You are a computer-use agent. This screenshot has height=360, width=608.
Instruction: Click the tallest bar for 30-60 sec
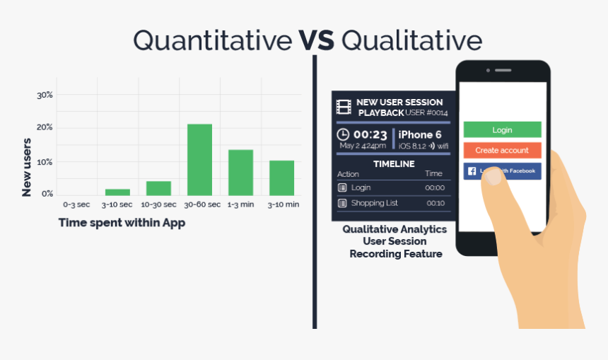pyautogui.click(x=199, y=159)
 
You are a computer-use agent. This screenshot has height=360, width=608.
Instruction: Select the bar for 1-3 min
pyautogui.click(x=240, y=172)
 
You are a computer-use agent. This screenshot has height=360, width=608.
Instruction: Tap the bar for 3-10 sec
pyautogui.click(x=117, y=192)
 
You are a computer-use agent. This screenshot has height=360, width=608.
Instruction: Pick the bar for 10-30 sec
pyautogui.click(x=158, y=187)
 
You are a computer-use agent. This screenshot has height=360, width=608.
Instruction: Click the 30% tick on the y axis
pyautogui.click(x=45, y=95)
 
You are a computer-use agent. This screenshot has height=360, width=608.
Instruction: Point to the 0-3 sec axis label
pyautogui.click(x=76, y=204)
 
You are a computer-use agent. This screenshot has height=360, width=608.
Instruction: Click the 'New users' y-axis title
pyautogui.click(x=27, y=167)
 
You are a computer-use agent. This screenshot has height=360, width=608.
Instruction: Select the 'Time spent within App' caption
pyautogui.click(x=122, y=222)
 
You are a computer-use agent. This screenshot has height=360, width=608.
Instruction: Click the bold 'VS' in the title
pyautogui.click(x=316, y=40)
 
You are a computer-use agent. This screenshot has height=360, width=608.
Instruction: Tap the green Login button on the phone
pyautogui.click(x=502, y=129)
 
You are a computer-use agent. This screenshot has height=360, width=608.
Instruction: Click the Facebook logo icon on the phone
pyautogui.click(x=472, y=171)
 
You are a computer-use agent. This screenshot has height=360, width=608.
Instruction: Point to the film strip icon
pyautogui.click(x=344, y=107)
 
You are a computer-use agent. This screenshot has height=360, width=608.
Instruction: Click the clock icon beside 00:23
pyautogui.click(x=343, y=134)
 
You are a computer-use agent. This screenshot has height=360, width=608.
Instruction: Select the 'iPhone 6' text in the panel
pyautogui.click(x=420, y=134)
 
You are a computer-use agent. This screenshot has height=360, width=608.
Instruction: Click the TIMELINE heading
pyautogui.click(x=393, y=163)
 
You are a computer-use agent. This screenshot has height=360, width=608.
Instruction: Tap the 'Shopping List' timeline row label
pyautogui.click(x=375, y=203)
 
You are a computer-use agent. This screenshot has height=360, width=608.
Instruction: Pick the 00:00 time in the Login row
pyautogui.click(x=435, y=187)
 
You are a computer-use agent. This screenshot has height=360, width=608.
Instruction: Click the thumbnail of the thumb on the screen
pyautogui.click(x=493, y=178)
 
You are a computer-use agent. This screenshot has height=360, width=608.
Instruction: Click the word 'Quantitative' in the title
pyautogui.click(x=212, y=40)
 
